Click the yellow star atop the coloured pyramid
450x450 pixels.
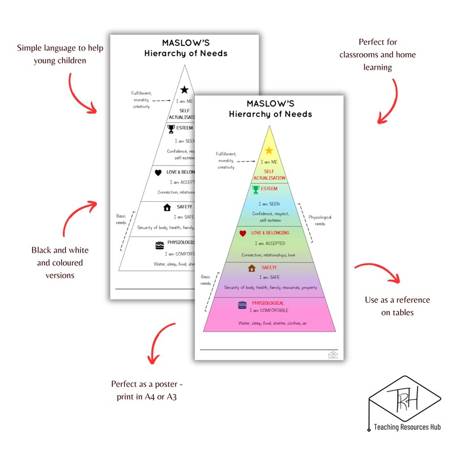pyautogui.click(x=269, y=150)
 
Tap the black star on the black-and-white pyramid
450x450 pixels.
pyautogui.click(x=184, y=90)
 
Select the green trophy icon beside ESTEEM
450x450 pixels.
pyautogui.click(x=256, y=189)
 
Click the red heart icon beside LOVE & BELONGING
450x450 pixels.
pyautogui.click(x=243, y=233)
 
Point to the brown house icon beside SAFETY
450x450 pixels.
pyautogui.click(x=252, y=268)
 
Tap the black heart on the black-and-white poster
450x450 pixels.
pyautogui.click(x=158, y=172)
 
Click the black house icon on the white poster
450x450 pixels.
pyautogui.click(x=167, y=207)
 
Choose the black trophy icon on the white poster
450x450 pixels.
pyautogui.click(x=171, y=129)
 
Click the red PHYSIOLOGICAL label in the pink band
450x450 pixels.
pyautogui.click(x=268, y=303)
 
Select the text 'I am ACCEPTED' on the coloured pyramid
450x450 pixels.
pyautogui.click(x=270, y=243)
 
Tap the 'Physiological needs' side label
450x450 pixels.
pyautogui.click(x=320, y=220)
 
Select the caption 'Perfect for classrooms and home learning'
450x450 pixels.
pyautogui.click(x=377, y=54)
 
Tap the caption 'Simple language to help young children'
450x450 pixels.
pyautogui.click(x=52, y=55)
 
